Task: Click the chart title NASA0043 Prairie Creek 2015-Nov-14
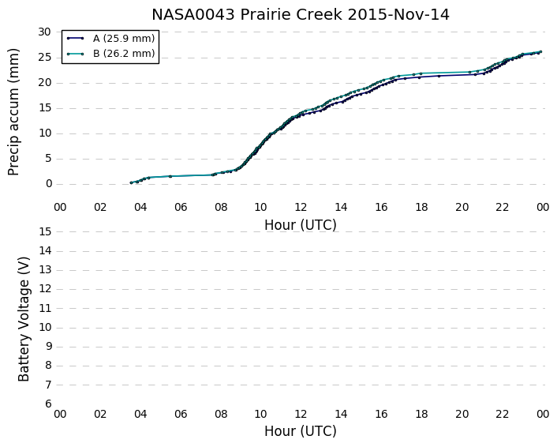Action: coord(301,14)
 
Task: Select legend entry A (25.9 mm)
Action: coord(124,39)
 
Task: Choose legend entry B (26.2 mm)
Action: coord(124,54)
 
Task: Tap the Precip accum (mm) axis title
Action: coord(13,112)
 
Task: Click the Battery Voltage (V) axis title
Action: coord(24,319)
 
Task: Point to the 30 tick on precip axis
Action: coord(44,32)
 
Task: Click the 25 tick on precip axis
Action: coord(44,57)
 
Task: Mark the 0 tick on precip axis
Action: coord(49,184)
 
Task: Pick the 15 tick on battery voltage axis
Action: coord(45,231)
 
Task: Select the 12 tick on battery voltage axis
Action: coord(45,289)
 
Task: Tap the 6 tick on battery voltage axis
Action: coord(48,404)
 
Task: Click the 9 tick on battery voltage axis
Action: coord(48,347)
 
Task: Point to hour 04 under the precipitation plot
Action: coord(140,207)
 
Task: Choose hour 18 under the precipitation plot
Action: coord(421,207)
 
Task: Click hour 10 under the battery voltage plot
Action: coord(260,414)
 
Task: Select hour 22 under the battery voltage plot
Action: coord(502,414)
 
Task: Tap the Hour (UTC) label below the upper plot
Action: coord(301,225)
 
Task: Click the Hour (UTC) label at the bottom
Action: coord(301,431)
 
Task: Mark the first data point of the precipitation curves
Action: coord(131,182)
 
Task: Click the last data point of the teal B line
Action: coord(540,52)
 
